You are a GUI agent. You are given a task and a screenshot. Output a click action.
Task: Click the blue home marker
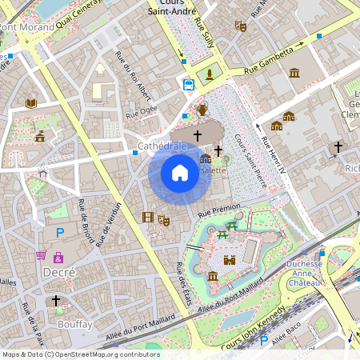pyautogui.click(x=180, y=172)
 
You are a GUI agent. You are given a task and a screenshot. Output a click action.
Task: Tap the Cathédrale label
pyautogui.click(x=162, y=147)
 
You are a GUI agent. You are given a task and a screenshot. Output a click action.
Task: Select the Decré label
pyautogui.click(x=58, y=272)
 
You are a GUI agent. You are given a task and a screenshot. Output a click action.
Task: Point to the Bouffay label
pyautogui.click(x=75, y=324)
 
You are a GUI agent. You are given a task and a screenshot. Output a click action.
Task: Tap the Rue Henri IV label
pyautogui.click(x=270, y=149)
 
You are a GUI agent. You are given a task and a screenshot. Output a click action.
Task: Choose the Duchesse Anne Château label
pyautogui.click(x=304, y=274)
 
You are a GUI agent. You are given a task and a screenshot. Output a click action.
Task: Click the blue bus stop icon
pyautogui.click(x=189, y=84)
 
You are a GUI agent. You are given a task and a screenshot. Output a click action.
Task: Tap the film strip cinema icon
pyautogui.click(x=148, y=216)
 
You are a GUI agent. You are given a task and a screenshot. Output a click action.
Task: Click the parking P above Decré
pyautogui.click(x=59, y=233)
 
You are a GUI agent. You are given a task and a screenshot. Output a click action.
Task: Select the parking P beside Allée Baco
pyautogui.click(x=264, y=341)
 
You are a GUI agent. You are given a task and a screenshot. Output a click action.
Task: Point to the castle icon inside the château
pyautogui.click(x=230, y=260)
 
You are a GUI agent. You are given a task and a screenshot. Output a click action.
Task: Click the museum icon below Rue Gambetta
pyautogui.click(x=294, y=73)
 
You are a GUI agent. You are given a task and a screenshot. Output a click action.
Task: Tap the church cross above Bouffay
pyautogui.click(x=56, y=301)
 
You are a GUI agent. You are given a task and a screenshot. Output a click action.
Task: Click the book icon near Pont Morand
pyautogui.click(x=31, y=103)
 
